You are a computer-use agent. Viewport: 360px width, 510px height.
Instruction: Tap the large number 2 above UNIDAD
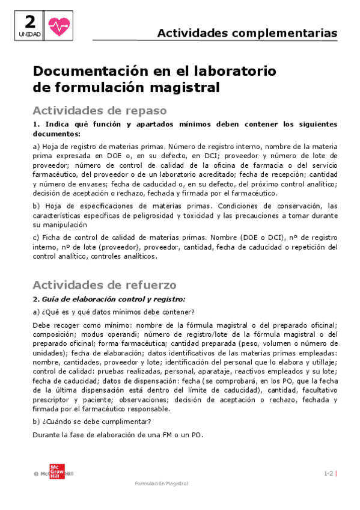29,22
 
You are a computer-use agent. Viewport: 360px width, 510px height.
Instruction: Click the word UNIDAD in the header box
29,35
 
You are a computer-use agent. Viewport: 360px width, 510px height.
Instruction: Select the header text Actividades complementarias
247,33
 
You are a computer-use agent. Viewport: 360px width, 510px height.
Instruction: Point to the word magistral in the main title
182,87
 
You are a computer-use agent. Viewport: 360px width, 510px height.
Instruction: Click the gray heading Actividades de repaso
99,111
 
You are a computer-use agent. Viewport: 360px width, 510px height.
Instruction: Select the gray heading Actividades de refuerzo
104,284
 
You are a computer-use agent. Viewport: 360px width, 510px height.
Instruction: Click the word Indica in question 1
54,124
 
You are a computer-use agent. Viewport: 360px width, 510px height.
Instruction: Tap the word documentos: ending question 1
56,134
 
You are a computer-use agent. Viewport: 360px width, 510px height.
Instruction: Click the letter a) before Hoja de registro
36,147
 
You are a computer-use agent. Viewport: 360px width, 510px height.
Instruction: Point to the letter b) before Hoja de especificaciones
36,206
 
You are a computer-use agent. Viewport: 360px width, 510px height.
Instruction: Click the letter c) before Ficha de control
36,237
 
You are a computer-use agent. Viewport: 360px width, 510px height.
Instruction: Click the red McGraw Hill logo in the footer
56,473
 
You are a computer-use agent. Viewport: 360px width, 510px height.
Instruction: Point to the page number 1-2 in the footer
328,473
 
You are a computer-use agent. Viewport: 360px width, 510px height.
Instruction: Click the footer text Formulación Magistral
161,484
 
